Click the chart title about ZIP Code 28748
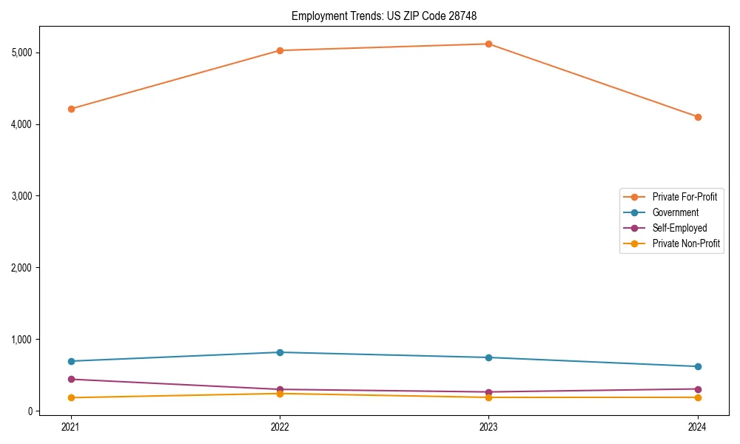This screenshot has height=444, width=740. coord(389,16)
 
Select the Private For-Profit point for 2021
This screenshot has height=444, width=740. coord(71,109)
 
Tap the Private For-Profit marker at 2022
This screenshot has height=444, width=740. coord(280,50)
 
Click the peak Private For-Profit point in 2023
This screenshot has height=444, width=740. coord(488,44)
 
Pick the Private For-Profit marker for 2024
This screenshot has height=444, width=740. coord(698,117)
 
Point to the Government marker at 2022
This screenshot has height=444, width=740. coord(280,352)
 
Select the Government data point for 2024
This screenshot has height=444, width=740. coord(698,366)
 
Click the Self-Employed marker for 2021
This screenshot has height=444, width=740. coord(71,379)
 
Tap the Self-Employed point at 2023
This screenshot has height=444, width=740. coord(488,392)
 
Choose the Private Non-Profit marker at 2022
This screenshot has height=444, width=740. coord(280,394)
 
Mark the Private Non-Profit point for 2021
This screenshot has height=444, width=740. coord(71,397)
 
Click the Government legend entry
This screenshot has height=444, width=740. coord(675,212)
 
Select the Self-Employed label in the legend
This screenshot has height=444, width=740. coord(679,228)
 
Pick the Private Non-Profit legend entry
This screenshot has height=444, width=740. coord(686,243)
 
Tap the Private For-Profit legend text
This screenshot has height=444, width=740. coord(684,197)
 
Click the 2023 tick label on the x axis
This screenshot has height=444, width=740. coord(488,426)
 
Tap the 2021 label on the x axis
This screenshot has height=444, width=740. coord(71,426)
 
